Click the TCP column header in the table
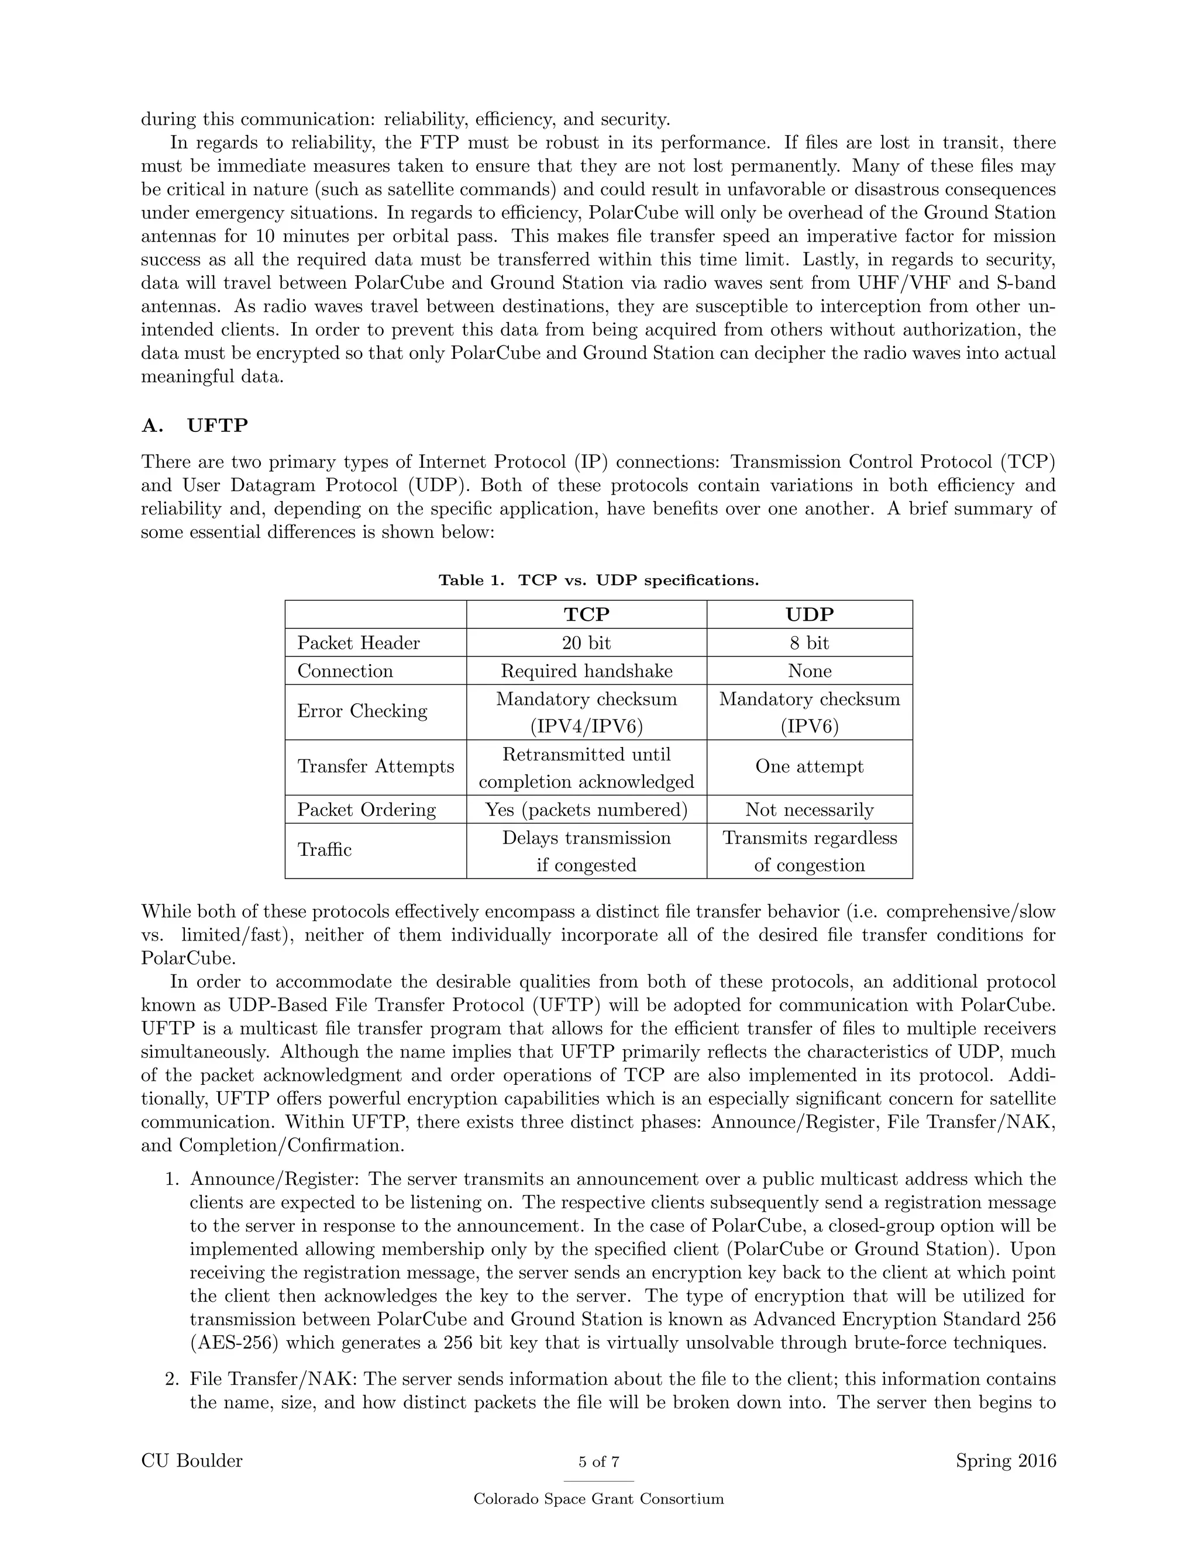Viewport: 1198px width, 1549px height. coord(586,614)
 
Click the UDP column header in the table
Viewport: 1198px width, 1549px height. coord(809,614)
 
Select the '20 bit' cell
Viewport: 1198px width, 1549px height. coord(586,642)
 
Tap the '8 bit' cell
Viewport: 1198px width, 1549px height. coord(809,642)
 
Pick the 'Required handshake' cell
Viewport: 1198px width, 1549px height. coord(586,671)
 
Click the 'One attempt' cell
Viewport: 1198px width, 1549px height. coord(809,767)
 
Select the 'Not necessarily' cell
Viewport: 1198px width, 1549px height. coord(809,810)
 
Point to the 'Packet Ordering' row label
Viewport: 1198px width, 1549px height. coord(366,810)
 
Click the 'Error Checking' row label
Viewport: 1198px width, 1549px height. coord(362,711)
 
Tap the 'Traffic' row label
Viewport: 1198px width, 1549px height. coord(324,850)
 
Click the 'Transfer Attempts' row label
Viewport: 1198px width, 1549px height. coord(376,767)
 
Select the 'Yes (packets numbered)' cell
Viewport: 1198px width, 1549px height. coord(586,810)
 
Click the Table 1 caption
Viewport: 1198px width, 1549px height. coord(598,580)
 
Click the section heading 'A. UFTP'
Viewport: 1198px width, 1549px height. coord(195,426)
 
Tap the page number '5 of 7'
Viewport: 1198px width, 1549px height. coord(598,1462)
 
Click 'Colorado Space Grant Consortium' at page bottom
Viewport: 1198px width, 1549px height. coord(598,1499)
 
